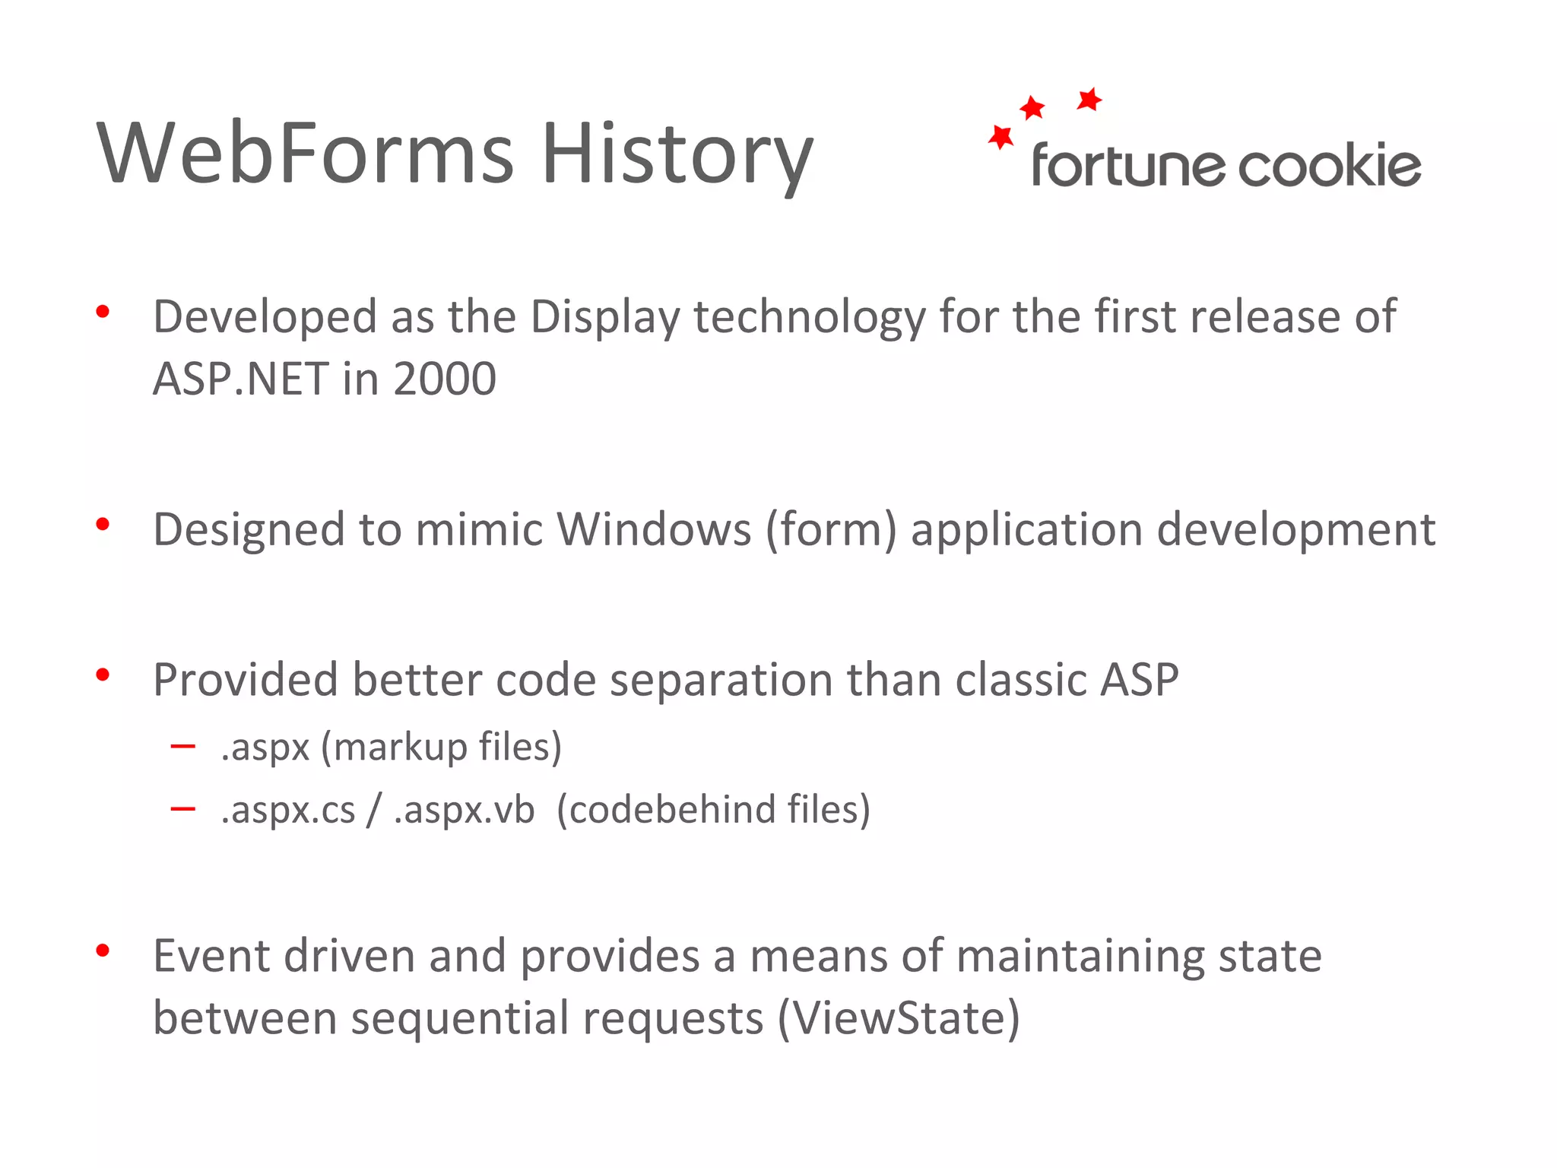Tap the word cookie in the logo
coord(1330,166)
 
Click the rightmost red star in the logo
coord(1089,100)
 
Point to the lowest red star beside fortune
coord(1000,137)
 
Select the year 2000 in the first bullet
coord(445,379)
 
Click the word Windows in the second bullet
coord(654,529)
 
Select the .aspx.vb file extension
coord(465,809)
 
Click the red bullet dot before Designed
coord(103,524)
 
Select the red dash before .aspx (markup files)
coord(183,747)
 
